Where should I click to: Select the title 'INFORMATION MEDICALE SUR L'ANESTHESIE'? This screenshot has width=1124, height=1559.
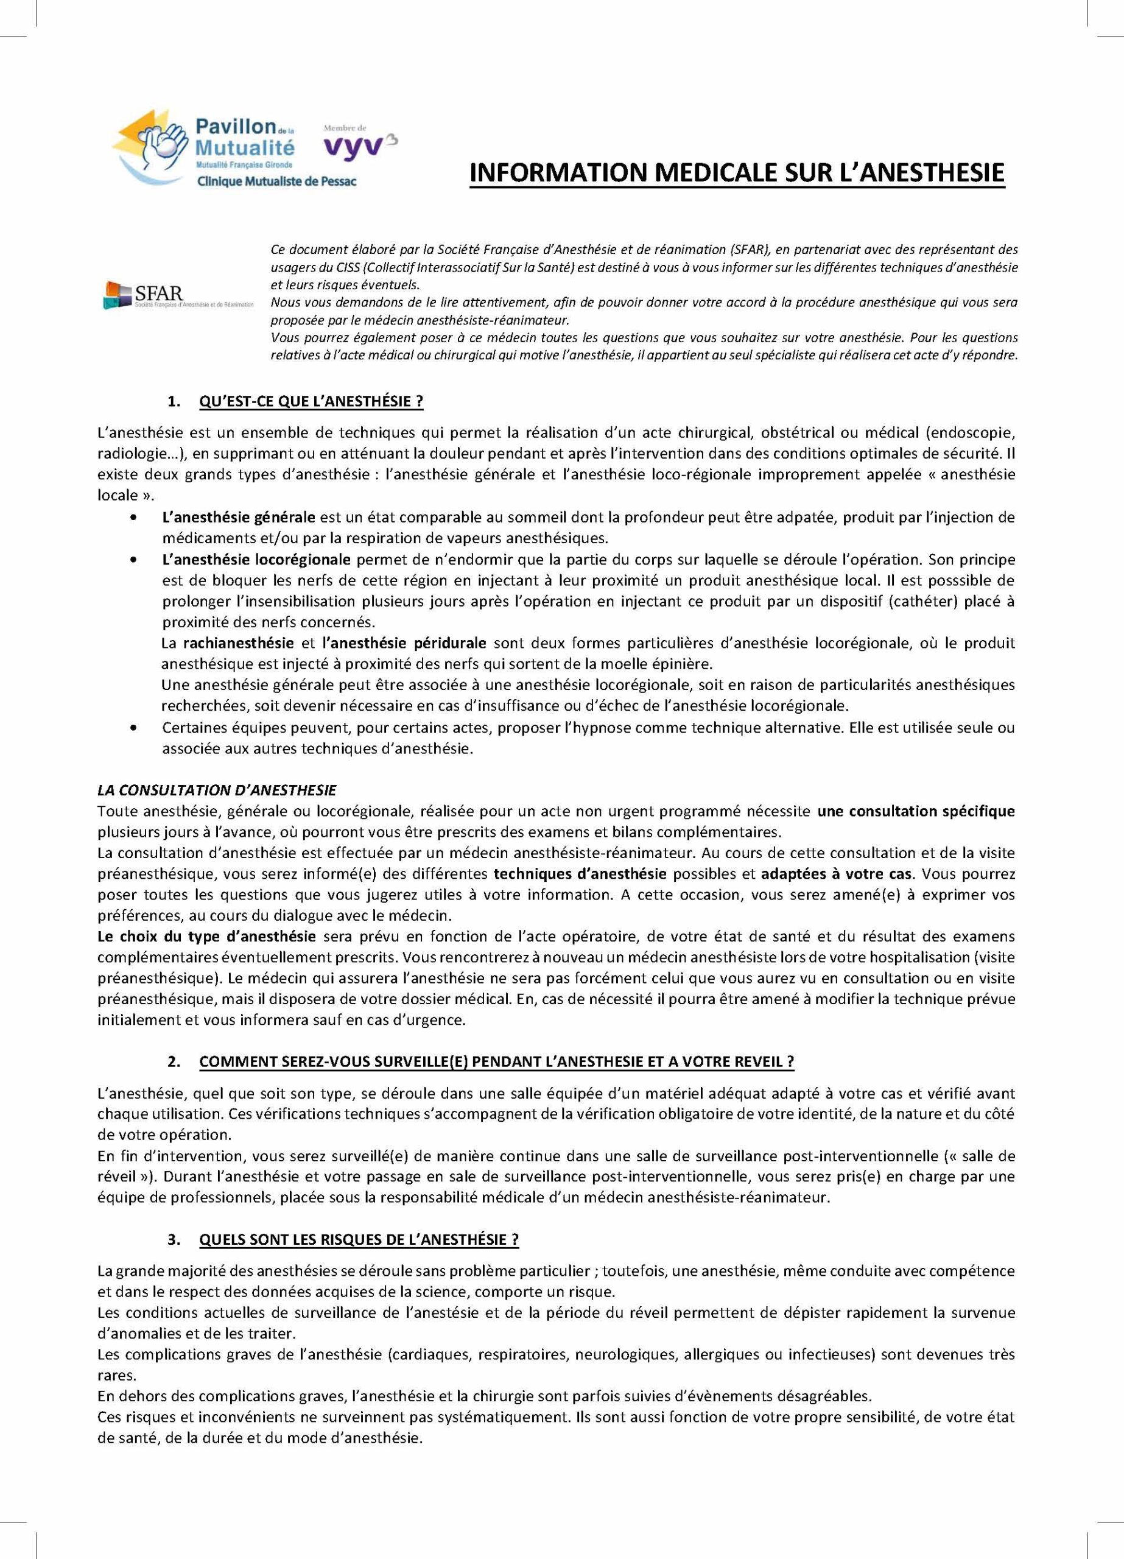[x=736, y=172]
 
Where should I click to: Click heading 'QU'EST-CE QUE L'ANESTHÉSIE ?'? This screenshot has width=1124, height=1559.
[x=311, y=401]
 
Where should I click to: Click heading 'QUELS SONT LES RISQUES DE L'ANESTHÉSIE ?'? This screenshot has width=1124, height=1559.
[x=359, y=1239]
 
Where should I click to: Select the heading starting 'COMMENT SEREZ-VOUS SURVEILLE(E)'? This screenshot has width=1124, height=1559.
[x=496, y=1061]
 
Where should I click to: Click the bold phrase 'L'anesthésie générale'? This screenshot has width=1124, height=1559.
[x=239, y=516]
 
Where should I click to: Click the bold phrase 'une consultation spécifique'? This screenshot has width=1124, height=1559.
[x=916, y=811]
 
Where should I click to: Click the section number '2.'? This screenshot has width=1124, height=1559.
[x=175, y=1061]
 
